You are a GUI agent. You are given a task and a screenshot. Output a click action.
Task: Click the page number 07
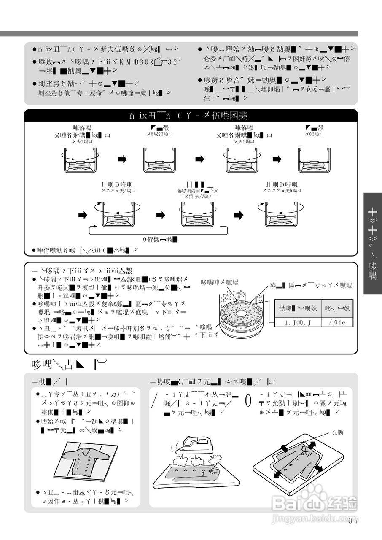pos(353,520)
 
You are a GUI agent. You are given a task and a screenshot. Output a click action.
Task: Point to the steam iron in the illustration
pos(194,443)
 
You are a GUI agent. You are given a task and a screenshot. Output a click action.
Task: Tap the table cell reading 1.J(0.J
pos(298,324)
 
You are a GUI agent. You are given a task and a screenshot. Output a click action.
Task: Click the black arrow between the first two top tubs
pos(121,159)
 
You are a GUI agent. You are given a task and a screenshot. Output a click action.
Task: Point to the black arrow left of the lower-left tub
pos(83,215)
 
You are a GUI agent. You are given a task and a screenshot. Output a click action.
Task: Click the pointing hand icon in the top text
pos(162,62)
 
